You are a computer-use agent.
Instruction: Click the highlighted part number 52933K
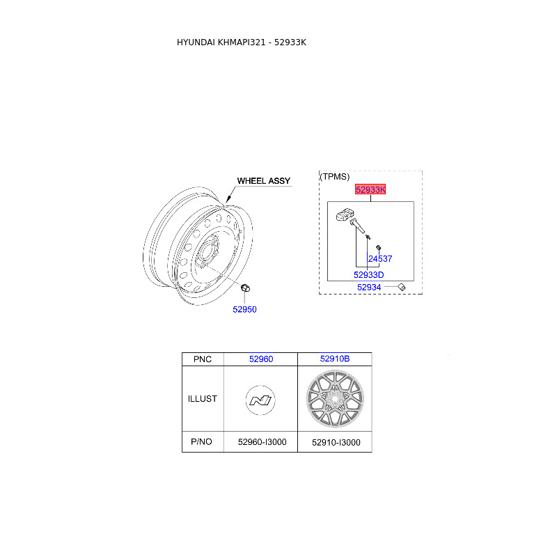click(370, 189)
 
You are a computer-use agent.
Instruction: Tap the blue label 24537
click(380, 258)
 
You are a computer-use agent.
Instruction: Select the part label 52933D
click(369, 274)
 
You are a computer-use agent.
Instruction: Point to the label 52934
click(369, 288)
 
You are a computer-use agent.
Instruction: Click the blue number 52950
click(244, 309)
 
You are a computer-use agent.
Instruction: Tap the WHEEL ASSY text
click(264, 181)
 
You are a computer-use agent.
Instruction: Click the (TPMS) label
click(335, 177)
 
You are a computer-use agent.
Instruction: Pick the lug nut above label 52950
click(245, 288)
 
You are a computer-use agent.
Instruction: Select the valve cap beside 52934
click(402, 287)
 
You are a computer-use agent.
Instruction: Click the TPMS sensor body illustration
click(345, 215)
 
